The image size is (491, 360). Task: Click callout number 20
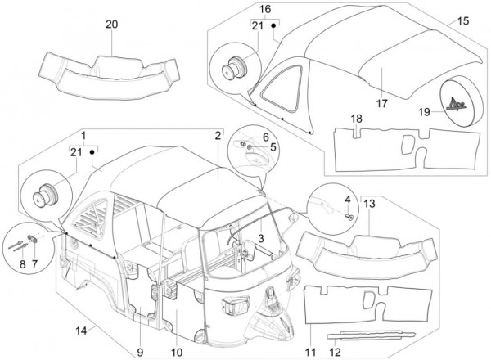111,24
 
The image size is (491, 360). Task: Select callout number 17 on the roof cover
381,104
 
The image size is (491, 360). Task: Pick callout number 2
218,134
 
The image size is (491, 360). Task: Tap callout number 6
265,137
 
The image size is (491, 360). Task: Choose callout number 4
347,199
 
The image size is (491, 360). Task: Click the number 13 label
369,203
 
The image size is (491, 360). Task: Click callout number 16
264,9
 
